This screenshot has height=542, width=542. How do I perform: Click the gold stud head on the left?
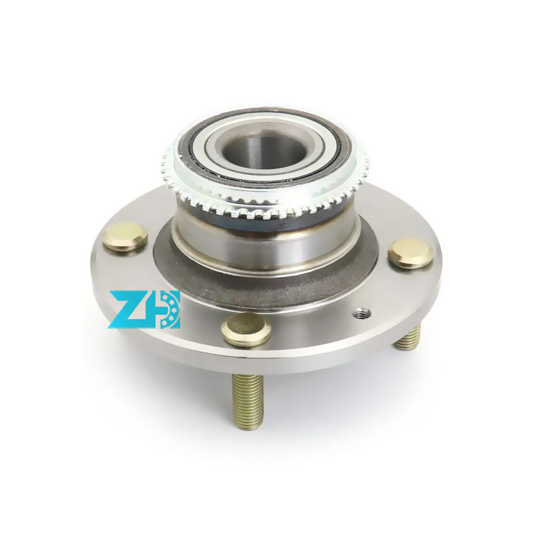[125, 236]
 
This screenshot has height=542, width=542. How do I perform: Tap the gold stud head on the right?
[411, 252]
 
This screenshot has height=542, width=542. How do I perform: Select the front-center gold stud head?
[246, 329]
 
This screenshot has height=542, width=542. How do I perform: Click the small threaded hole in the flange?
[362, 312]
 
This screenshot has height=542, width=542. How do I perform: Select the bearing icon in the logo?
[166, 310]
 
